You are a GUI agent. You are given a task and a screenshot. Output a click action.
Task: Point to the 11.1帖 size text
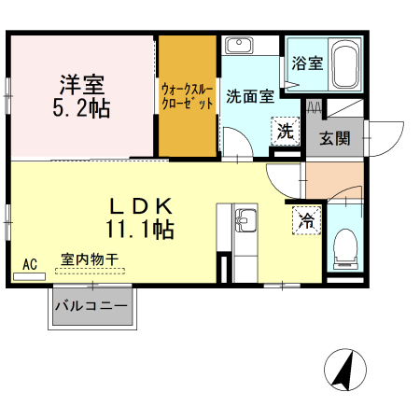click(x=139, y=227)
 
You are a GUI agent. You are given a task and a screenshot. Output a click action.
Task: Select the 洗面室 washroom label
click(x=249, y=94)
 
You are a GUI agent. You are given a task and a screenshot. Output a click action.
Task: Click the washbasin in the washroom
click(x=239, y=46)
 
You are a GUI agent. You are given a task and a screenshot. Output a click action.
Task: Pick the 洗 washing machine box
click(x=284, y=132)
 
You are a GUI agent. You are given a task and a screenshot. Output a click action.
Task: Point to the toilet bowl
click(x=345, y=246)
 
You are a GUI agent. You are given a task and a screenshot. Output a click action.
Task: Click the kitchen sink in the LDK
click(x=246, y=221)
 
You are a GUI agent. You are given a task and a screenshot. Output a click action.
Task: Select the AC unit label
click(x=29, y=266)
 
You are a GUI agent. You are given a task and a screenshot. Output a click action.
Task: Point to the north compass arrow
click(x=343, y=371)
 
